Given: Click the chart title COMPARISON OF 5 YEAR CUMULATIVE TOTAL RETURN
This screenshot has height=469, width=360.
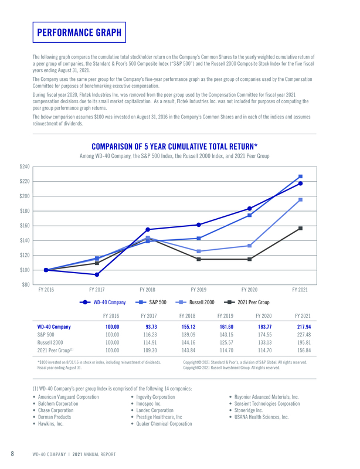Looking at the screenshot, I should (x=174, y=146).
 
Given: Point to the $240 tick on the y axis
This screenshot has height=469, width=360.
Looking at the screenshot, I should (x=24, y=166).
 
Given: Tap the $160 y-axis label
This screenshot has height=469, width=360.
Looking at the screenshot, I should (x=24, y=226).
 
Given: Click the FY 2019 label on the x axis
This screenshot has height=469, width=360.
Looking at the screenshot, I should (x=199, y=290).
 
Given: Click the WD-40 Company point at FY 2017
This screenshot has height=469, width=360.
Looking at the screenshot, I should (x=97, y=274).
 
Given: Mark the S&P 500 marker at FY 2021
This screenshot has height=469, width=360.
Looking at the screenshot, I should (x=300, y=176).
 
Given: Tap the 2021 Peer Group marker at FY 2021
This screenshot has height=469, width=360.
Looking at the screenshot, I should (x=300, y=228).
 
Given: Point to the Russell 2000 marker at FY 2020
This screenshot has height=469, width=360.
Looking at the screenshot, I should (x=250, y=246).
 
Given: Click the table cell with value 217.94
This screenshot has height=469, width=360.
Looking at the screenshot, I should (x=304, y=327).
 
